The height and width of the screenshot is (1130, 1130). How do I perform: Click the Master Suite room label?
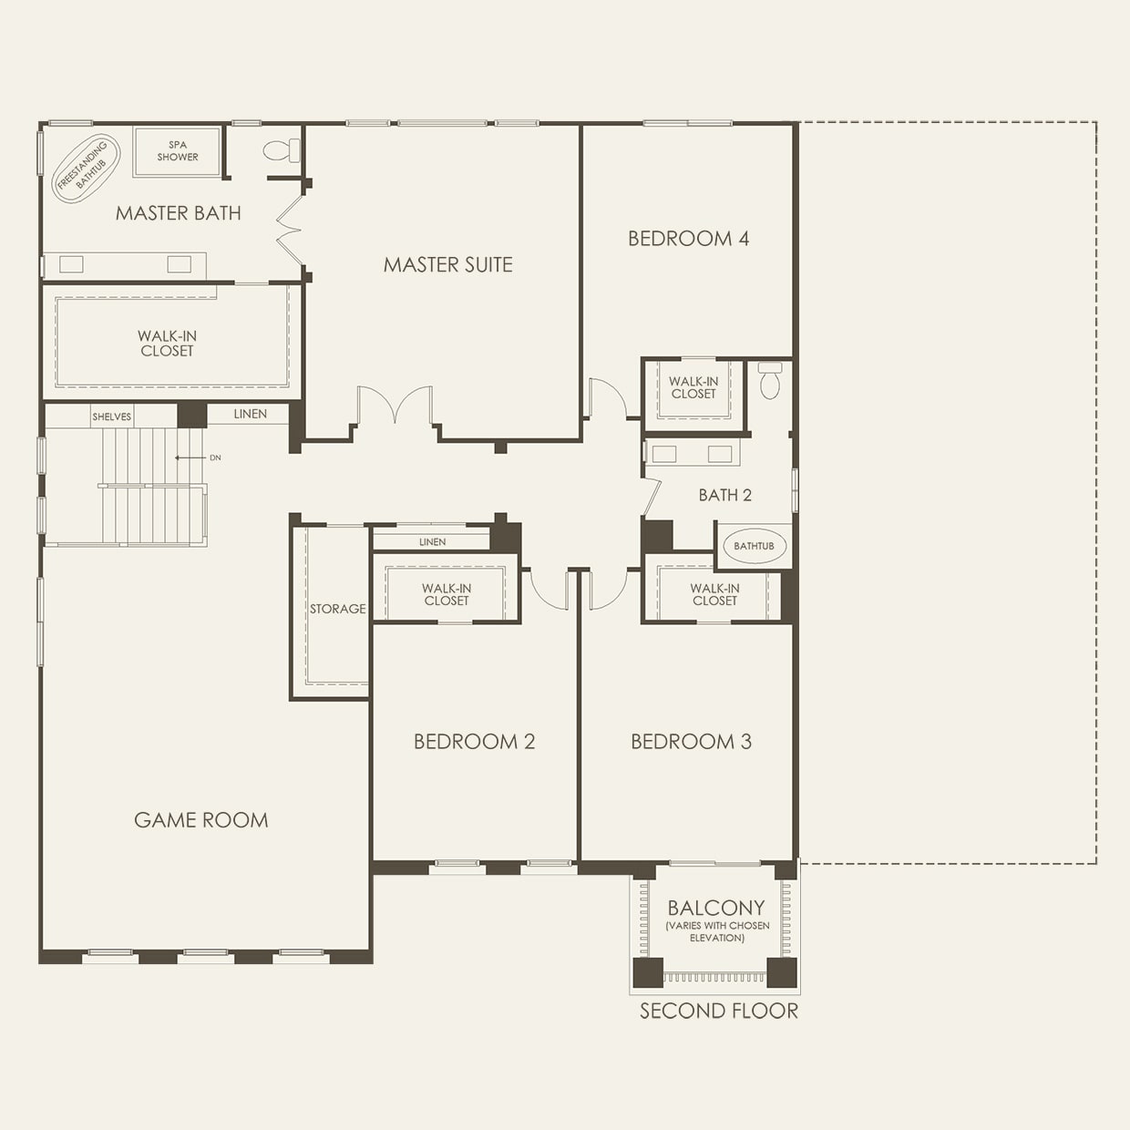coord(448,264)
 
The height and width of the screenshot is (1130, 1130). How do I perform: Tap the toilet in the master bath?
coord(282,150)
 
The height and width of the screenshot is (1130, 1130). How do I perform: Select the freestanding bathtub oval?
coord(86,169)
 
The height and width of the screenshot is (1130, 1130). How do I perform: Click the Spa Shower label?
coord(178,150)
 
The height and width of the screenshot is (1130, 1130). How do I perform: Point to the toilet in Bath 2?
coord(769,380)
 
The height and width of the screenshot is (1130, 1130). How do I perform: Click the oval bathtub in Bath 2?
coord(755,546)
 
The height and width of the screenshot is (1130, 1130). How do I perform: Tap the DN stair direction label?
coord(215,457)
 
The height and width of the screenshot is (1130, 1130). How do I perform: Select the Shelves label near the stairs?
coord(111,417)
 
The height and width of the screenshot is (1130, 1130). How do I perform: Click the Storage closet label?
coord(338,609)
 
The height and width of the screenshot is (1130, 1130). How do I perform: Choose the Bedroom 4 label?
coord(688,238)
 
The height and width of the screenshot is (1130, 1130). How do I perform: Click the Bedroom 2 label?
coord(475,741)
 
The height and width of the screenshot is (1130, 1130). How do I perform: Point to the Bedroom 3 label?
coord(692,741)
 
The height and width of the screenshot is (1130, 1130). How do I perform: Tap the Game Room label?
coord(201,820)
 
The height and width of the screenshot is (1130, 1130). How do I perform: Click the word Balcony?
coord(716,908)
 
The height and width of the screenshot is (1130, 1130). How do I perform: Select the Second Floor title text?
coord(719,1011)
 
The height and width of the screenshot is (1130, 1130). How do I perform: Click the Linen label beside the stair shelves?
coord(251,414)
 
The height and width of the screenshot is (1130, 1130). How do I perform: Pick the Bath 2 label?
coord(724,495)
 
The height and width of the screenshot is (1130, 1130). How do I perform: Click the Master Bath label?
coord(179,213)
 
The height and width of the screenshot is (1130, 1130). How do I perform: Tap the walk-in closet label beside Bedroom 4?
coord(693,387)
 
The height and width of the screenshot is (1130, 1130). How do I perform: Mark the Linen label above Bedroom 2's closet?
coord(432,542)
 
